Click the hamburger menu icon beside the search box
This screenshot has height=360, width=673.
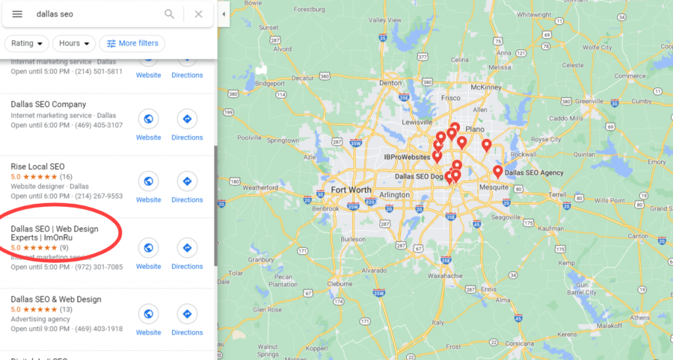(x=17, y=14)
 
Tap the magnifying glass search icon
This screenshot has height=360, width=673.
(x=170, y=14)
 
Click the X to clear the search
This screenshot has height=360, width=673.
(x=198, y=14)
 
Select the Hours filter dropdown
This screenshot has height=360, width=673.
(x=74, y=43)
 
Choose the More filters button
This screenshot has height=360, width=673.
(x=132, y=43)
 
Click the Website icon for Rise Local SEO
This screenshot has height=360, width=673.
(x=149, y=181)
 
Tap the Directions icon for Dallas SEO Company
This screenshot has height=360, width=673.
(x=187, y=119)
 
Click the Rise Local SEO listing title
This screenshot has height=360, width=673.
(x=37, y=167)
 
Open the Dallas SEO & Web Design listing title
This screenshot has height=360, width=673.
(x=56, y=300)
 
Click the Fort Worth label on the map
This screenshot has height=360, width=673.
(x=351, y=190)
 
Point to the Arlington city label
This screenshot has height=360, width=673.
(x=394, y=195)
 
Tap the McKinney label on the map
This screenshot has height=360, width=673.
(x=486, y=87)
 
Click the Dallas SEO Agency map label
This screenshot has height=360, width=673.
(x=534, y=173)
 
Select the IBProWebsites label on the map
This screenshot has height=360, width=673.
(x=407, y=158)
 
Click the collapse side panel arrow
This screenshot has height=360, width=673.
(x=223, y=14)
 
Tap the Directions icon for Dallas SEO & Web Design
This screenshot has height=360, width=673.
(x=187, y=314)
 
